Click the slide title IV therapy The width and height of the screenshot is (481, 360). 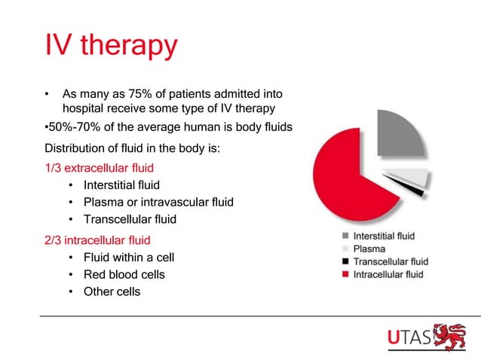click(x=112, y=45)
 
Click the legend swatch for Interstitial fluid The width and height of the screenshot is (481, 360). click(x=345, y=236)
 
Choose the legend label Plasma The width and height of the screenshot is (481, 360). click(x=369, y=249)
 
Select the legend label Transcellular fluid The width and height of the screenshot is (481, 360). click(x=391, y=261)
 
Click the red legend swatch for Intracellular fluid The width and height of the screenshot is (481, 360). click(x=345, y=274)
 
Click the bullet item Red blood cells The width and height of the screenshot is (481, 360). click(x=124, y=274)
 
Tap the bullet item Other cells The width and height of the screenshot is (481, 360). click(x=112, y=291)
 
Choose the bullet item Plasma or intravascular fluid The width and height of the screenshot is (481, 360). click(x=158, y=202)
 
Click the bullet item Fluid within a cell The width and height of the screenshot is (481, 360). click(x=129, y=257)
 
